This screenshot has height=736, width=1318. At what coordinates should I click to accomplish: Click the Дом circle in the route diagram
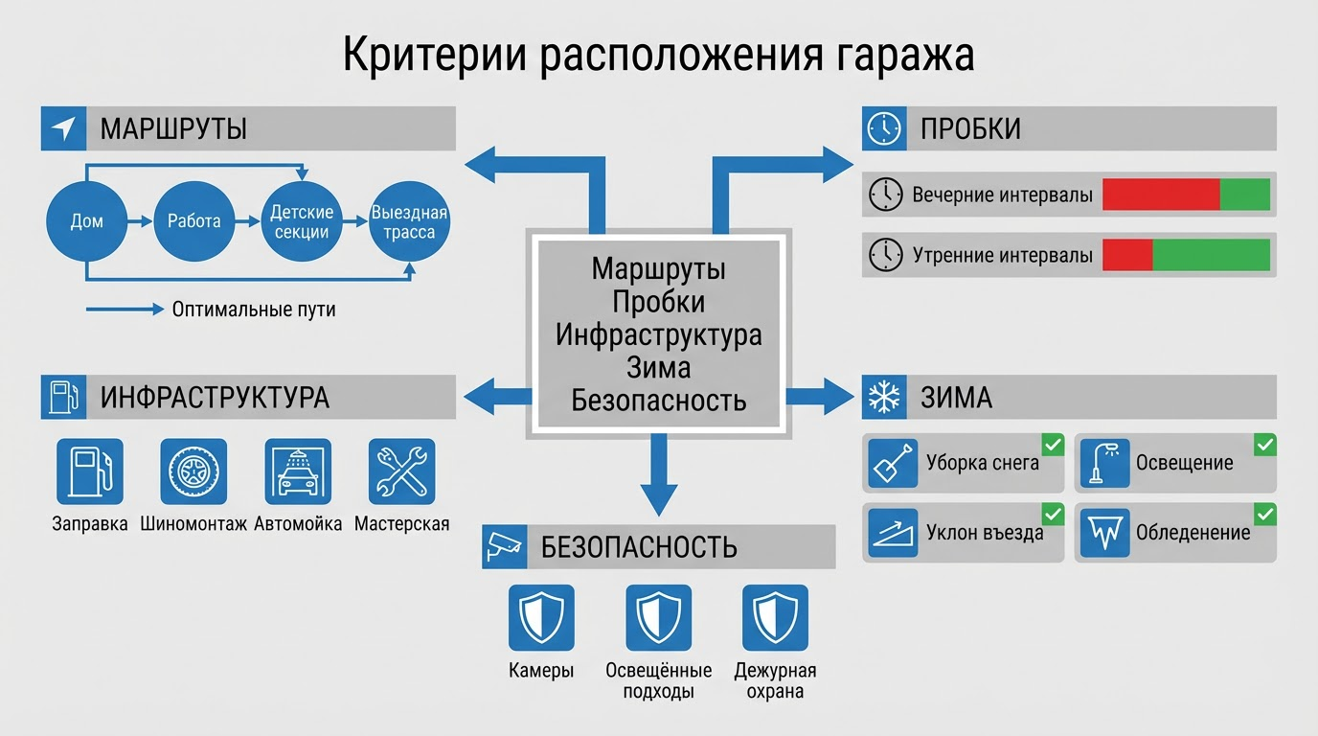tap(86, 221)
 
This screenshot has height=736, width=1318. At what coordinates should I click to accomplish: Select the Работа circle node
tap(193, 221)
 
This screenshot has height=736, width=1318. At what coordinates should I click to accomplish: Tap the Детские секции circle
tap(301, 221)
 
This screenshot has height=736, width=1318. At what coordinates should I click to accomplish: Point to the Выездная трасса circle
tap(409, 221)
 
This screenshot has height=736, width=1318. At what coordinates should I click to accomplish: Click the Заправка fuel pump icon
tap(90, 471)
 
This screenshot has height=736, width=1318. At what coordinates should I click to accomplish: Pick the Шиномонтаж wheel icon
tap(193, 471)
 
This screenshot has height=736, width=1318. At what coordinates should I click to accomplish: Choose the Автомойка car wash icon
tap(298, 471)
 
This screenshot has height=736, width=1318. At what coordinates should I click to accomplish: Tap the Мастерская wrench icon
tap(401, 471)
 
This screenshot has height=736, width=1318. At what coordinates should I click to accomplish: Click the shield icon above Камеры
tap(541, 618)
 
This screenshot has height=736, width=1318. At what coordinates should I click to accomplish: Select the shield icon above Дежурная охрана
tap(775, 618)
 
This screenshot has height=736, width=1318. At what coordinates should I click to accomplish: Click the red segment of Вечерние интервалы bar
tap(1161, 194)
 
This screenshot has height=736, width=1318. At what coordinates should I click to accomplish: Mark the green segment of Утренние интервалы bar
tap(1211, 255)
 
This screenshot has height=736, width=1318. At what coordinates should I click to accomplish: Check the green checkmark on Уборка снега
tap(1053, 445)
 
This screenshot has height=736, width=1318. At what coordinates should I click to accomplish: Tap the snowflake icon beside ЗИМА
tap(883, 397)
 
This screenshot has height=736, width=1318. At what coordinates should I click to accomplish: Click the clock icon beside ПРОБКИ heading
tap(883, 128)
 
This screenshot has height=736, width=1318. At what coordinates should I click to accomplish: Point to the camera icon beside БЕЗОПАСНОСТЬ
tap(505, 546)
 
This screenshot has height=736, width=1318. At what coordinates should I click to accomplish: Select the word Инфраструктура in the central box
tap(659, 335)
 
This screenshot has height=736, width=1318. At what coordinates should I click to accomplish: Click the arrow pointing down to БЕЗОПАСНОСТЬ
tap(659, 484)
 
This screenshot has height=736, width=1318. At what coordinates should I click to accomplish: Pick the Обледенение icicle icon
tap(1103, 533)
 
